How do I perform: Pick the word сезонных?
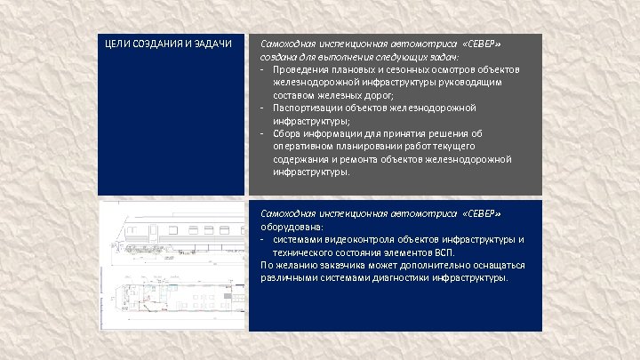click(x=405, y=68)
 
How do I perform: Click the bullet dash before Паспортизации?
click(x=263, y=107)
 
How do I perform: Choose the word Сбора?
click(x=287, y=133)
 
